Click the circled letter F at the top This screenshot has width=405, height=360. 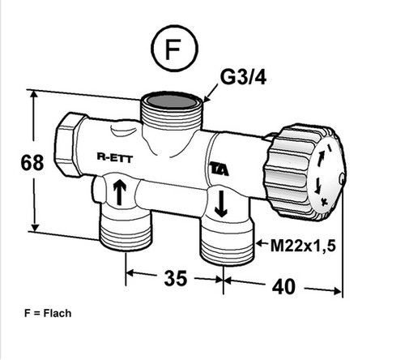[174, 49]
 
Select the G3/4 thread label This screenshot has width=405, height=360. [243, 78]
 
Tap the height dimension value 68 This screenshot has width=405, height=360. [32, 162]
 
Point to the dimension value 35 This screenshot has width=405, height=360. [175, 278]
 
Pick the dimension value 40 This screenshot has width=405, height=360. [283, 287]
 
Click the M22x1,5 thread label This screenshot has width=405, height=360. [303, 246]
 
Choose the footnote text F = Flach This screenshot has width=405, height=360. [48, 313]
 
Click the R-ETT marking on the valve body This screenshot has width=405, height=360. [115, 157]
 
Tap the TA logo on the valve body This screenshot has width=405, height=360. [220, 169]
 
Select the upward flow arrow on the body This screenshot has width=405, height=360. [120, 191]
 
